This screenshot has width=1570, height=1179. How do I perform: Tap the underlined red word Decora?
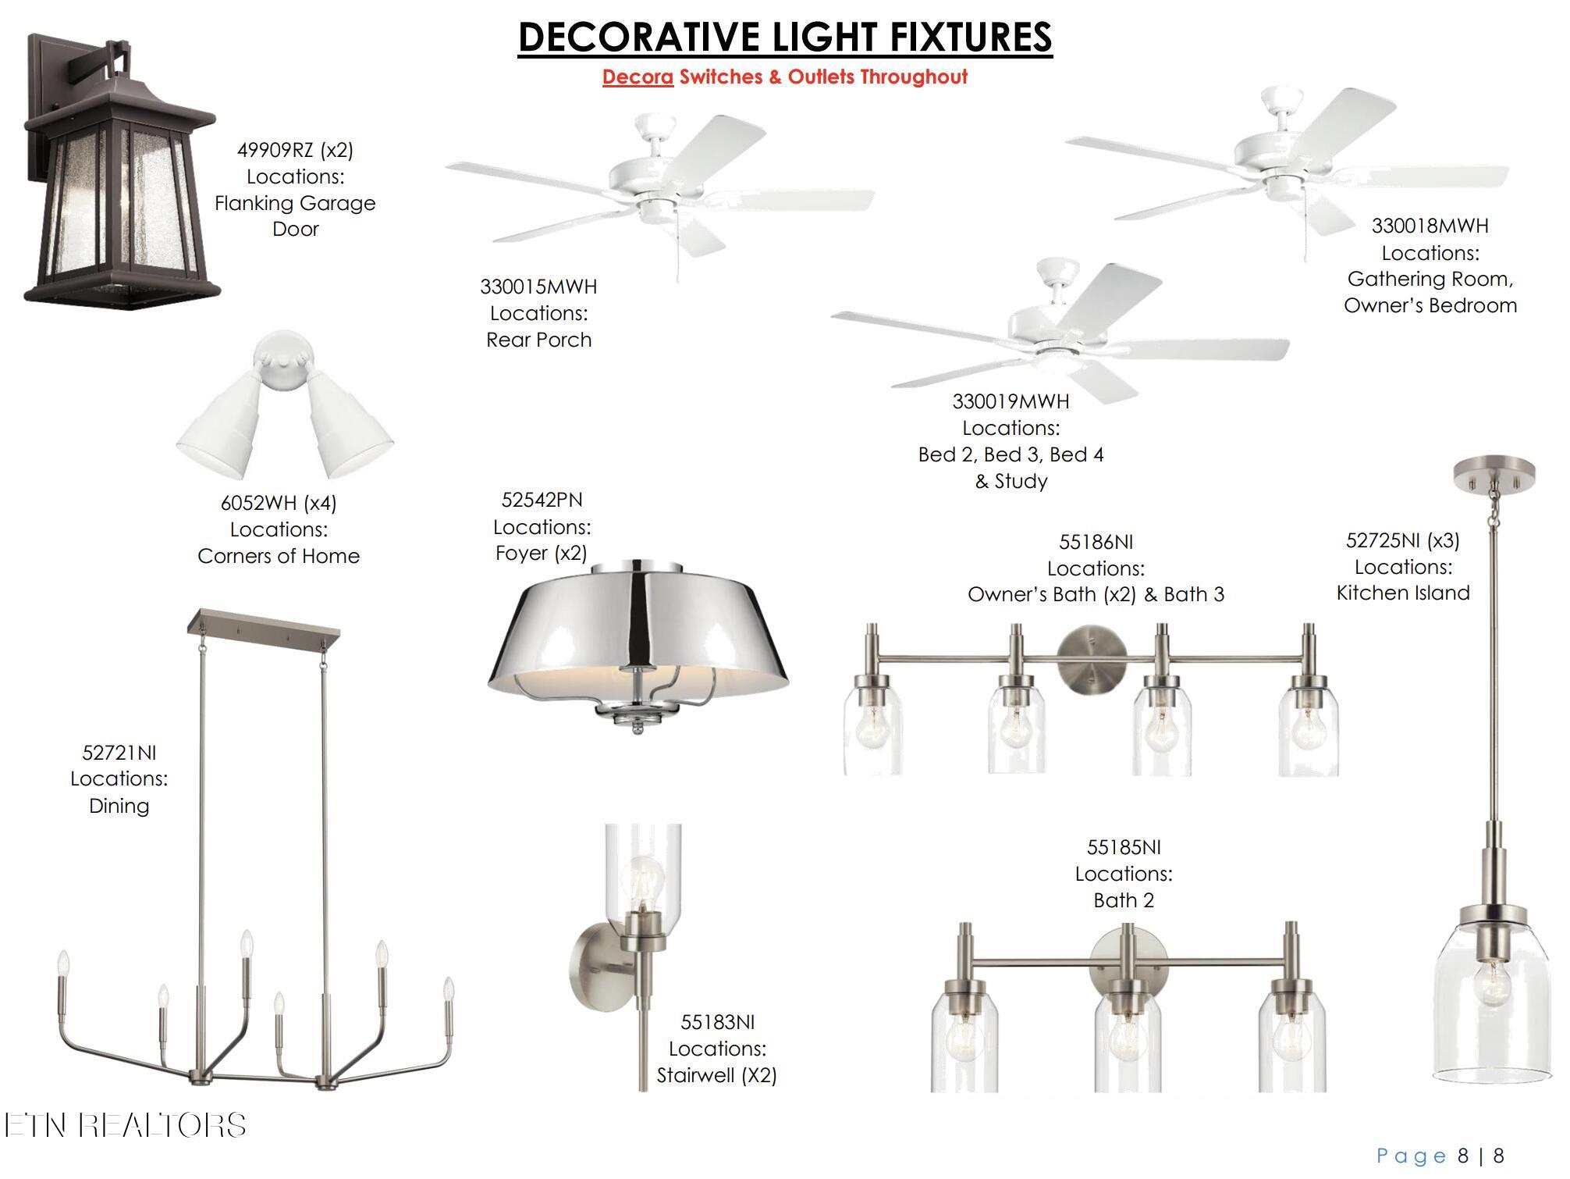(x=638, y=77)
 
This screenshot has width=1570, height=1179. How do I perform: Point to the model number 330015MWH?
(x=538, y=287)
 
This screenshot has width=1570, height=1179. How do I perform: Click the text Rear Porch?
(x=538, y=340)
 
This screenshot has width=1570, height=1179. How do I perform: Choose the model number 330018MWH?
(x=1430, y=226)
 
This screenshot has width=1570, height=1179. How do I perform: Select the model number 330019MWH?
(x=1011, y=401)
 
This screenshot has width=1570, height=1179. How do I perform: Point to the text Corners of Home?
(x=279, y=556)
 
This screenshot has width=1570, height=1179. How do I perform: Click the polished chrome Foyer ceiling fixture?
(x=638, y=647)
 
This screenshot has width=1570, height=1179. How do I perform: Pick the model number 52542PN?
(x=542, y=500)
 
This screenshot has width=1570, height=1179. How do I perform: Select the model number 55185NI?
(x=1124, y=847)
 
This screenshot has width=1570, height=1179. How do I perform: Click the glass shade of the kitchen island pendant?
(x=1492, y=999)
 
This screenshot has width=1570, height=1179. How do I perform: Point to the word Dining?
(x=119, y=806)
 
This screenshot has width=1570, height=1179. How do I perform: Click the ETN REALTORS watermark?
(x=125, y=1125)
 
